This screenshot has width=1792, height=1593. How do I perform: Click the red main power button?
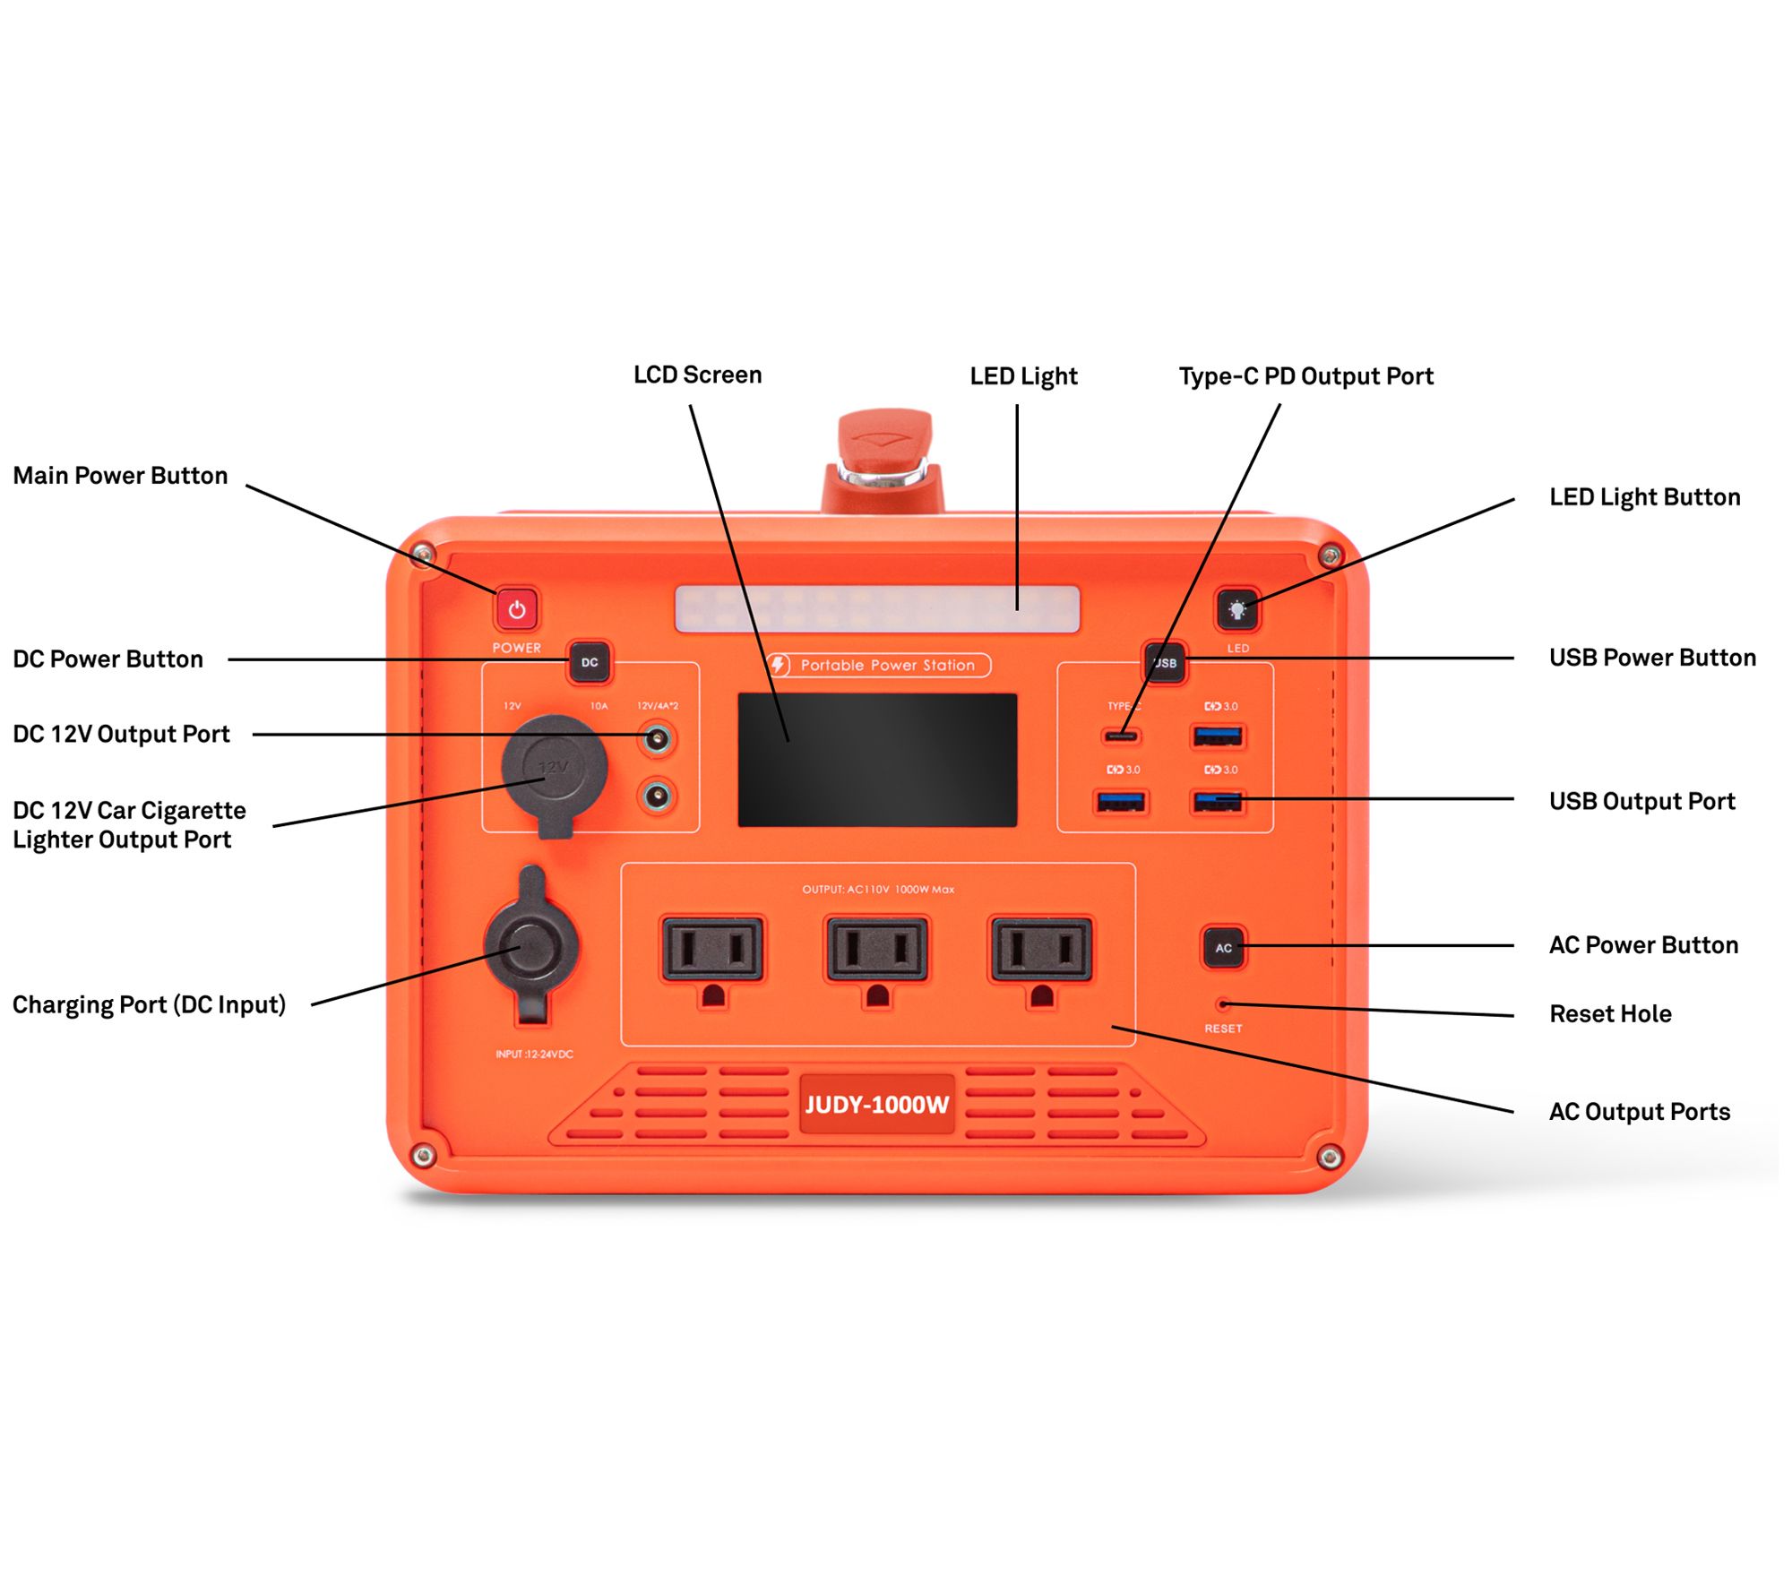point(517,609)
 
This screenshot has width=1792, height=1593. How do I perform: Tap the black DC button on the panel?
point(590,662)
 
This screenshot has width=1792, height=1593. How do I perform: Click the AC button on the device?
point(1223,947)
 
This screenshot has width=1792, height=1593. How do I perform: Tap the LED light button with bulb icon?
point(1237,610)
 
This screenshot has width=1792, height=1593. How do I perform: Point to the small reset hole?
point(1223,1004)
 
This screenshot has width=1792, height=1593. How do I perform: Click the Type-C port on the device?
point(1120,736)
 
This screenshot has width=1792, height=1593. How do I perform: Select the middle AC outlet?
point(876,950)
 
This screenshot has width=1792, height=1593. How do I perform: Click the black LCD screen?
point(876,759)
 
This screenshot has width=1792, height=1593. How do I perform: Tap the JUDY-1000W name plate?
point(876,1104)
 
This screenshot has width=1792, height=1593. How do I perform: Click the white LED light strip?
point(876,609)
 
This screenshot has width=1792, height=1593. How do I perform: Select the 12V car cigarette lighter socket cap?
point(554,768)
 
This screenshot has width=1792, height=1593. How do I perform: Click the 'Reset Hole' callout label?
point(1610,1013)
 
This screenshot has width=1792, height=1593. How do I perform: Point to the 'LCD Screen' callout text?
point(697,375)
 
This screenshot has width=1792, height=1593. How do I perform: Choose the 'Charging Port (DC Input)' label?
point(149,1004)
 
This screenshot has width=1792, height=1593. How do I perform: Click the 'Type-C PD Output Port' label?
point(1305,376)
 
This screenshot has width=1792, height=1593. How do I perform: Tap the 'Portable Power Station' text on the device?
point(887,665)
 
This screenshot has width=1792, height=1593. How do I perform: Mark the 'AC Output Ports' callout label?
point(1639,1111)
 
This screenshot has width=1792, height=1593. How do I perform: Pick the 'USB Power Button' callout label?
point(1651,658)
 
